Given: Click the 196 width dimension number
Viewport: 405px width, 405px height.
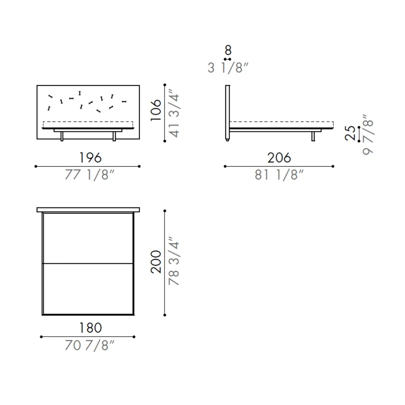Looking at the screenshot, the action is (90, 158).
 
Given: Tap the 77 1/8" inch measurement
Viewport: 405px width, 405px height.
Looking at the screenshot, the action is (90, 175).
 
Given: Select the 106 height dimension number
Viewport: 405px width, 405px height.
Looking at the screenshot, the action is (156, 110).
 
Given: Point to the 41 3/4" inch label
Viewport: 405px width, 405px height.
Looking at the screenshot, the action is (174, 113).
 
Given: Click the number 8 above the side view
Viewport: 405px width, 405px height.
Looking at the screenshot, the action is (228, 50).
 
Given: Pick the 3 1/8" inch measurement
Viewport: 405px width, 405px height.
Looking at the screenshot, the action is (228, 68).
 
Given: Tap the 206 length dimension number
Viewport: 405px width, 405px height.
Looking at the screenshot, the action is (279, 158).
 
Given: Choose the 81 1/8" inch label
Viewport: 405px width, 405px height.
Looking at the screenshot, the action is (279, 175).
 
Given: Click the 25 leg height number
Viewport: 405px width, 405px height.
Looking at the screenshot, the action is (350, 133).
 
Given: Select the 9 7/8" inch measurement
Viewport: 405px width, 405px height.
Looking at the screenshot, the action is (368, 134).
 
